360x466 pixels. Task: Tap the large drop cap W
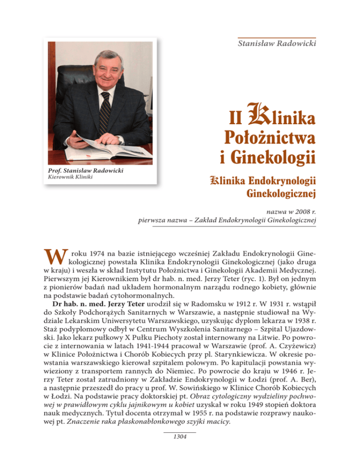coord(56,255)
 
